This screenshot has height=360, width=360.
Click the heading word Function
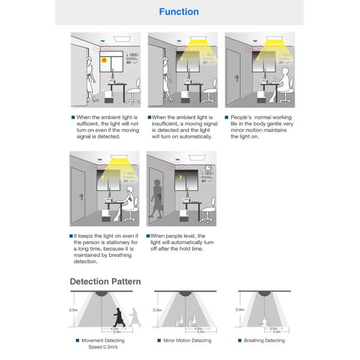click(x=179, y=11)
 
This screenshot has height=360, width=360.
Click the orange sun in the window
click(x=104, y=60)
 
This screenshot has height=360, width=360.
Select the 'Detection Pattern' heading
click(x=106, y=281)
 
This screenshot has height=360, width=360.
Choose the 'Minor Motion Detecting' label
click(x=187, y=341)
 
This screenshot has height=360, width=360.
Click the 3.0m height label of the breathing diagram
click(x=239, y=310)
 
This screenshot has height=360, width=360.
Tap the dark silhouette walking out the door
click(x=158, y=198)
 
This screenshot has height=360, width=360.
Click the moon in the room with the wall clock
click(x=180, y=178)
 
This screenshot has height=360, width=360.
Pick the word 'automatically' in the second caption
click(x=194, y=136)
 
